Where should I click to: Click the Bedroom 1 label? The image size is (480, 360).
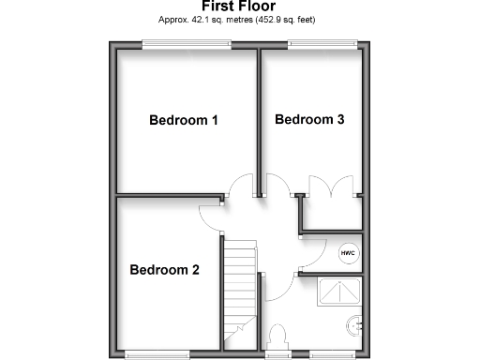point(185,120)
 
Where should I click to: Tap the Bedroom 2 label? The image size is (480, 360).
point(164,271)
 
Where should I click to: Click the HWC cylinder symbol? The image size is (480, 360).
point(349,253)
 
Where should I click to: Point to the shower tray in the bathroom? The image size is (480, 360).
point(339,293)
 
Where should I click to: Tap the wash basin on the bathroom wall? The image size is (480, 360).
point(354,325)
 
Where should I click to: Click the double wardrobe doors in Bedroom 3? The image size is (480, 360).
point(330,185)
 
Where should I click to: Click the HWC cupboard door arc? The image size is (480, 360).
point(314,246)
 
